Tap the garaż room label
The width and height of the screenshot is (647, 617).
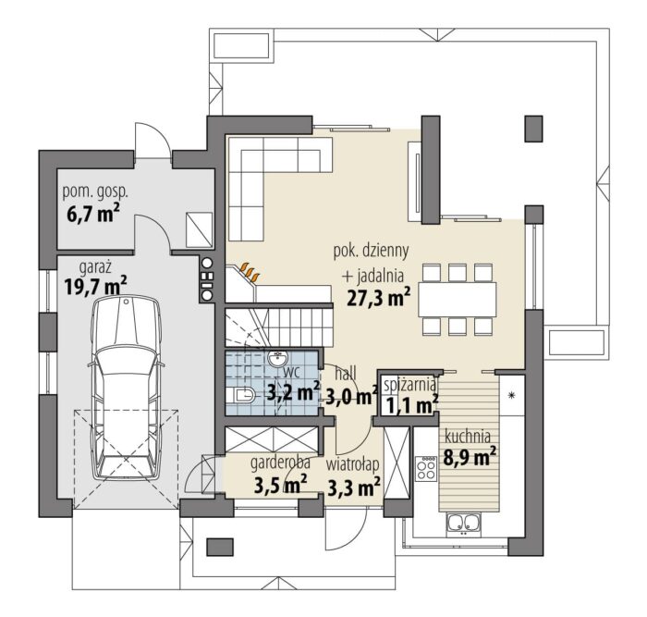tap(95, 268)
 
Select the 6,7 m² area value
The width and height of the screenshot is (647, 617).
tap(92, 214)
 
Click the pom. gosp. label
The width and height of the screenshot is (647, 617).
tap(95, 192)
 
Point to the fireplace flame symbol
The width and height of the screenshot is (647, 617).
tap(250, 270)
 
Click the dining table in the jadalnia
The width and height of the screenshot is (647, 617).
tap(458, 300)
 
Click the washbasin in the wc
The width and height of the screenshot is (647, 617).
tap(278, 358)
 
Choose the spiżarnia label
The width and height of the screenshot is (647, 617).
tap(409, 385)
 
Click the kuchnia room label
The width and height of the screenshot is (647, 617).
tap(468, 437)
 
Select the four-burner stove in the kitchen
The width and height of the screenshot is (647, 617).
tap(426, 468)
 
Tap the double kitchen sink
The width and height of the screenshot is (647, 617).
tap(463, 524)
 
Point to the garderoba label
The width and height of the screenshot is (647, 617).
tap(281, 463)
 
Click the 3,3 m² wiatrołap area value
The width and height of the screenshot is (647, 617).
tap(354, 487)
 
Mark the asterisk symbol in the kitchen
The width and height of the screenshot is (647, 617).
tap(512, 396)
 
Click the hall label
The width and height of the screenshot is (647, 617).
tap(346, 374)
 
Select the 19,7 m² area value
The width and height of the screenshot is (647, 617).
tap(95, 286)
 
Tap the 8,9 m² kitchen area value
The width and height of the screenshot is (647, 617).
tap(470, 456)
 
